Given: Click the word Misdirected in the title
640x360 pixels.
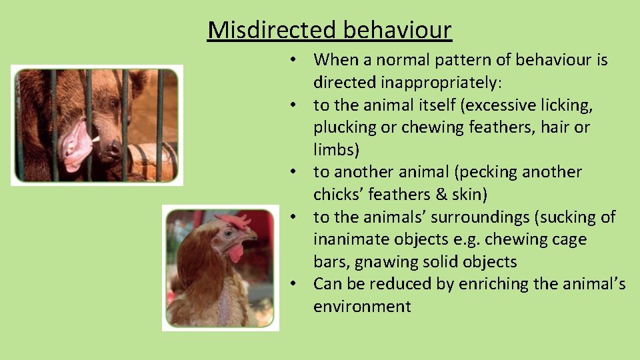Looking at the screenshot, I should (x=273, y=30).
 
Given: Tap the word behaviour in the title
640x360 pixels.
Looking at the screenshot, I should (x=398, y=30).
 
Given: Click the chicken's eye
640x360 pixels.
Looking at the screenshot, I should (x=229, y=234).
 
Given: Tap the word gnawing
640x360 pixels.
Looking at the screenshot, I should (x=387, y=262).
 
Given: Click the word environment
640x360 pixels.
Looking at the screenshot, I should (x=362, y=307).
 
